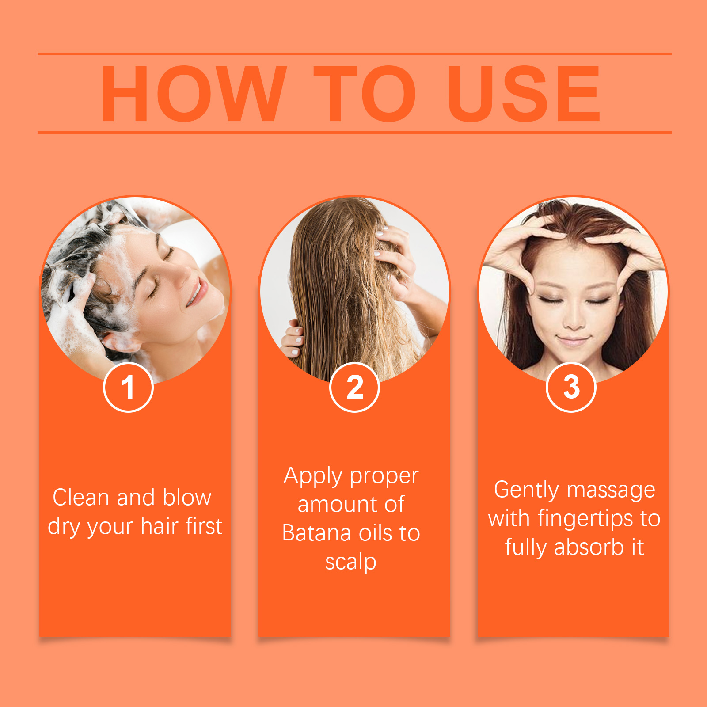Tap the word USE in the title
(x=524, y=94)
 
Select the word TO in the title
(x=365, y=94)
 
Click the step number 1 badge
(x=128, y=387)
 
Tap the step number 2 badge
(x=354, y=387)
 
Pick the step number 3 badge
(x=571, y=387)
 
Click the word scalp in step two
(x=351, y=563)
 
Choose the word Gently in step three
(x=527, y=490)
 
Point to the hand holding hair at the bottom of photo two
(x=292, y=338)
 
